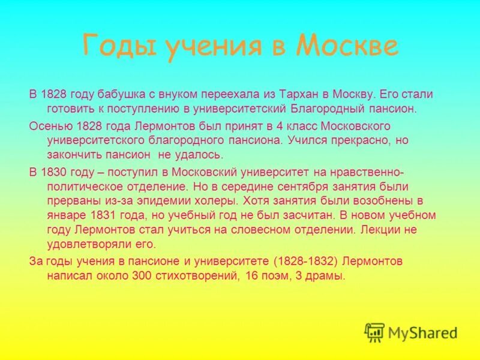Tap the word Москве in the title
347,46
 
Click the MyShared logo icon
375,332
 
